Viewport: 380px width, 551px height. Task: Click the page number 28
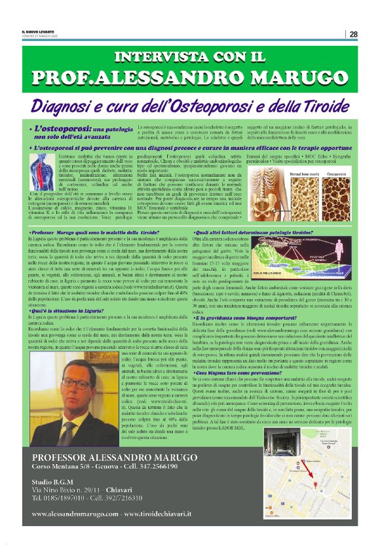coord(353,34)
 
